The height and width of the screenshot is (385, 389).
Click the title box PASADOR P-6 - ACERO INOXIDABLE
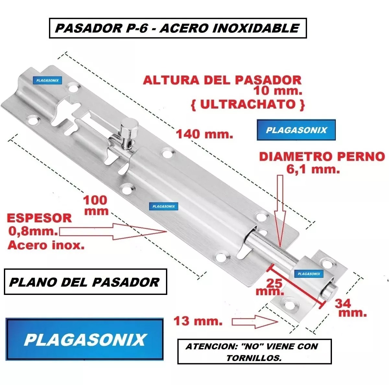[x=178, y=28]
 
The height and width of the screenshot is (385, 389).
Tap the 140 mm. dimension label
[x=205, y=134]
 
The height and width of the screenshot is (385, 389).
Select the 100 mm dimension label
[x=96, y=205]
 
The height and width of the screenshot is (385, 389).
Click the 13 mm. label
[x=198, y=321]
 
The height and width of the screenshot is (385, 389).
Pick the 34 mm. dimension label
[x=350, y=308]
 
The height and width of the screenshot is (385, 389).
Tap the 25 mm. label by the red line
[x=269, y=287]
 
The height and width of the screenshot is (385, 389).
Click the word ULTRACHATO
[x=248, y=105]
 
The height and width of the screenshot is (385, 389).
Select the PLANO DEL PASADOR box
[x=85, y=282]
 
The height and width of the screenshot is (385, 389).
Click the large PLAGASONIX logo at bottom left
[x=85, y=339]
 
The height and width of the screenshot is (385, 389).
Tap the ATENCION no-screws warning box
[x=254, y=351]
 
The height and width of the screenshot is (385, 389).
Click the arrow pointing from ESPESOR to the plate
[x=112, y=232]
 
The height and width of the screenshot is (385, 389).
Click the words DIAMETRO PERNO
[x=322, y=157]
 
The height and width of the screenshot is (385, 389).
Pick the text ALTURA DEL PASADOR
[x=222, y=80]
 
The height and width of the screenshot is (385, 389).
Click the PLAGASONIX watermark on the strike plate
[x=309, y=274]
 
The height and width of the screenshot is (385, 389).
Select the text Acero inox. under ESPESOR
[x=46, y=245]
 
